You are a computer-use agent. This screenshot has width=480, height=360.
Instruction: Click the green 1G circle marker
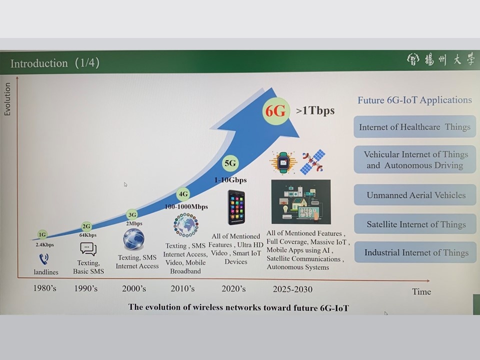(42, 235)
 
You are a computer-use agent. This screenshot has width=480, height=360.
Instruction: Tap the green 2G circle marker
(86, 226)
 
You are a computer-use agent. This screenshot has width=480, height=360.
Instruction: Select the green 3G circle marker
(132, 215)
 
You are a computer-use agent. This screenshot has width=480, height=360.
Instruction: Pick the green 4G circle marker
(183, 194)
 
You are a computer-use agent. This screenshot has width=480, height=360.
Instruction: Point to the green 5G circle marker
(230, 163)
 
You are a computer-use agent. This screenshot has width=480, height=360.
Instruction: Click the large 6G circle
(275, 111)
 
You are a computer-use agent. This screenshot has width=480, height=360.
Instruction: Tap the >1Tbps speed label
(315, 110)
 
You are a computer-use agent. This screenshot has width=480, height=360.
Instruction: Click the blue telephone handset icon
(44, 259)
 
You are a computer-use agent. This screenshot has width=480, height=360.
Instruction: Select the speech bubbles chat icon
(88, 249)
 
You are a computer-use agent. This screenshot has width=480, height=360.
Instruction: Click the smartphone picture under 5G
(236, 207)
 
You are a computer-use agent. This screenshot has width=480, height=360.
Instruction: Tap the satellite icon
(312, 162)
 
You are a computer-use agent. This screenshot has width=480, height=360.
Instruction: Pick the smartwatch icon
(283, 162)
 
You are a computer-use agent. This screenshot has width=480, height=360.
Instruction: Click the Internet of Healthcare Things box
(414, 126)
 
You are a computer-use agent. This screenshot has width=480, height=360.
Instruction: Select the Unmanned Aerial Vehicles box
(415, 195)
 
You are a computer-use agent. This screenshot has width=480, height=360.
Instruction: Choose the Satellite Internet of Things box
(415, 224)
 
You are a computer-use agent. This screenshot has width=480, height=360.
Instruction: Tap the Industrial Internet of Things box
(415, 252)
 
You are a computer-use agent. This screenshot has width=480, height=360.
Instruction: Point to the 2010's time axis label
(182, 288)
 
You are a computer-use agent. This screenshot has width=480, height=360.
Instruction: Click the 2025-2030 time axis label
(292, 289)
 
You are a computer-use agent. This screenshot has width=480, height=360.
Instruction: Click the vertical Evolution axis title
(7, 99)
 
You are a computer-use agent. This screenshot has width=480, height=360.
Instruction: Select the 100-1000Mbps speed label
(186, 206)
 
